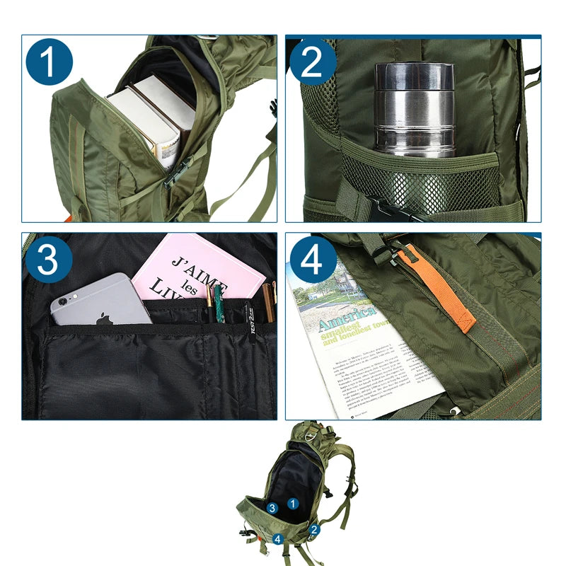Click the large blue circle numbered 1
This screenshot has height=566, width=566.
coord(50,62)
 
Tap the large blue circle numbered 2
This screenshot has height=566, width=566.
coord(312,62)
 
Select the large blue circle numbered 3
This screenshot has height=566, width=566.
coord(48,260)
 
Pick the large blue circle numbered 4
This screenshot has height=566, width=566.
coord(313,260)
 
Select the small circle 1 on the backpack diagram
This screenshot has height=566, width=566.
coord(294,503)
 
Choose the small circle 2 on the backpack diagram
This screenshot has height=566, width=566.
coord(314,529)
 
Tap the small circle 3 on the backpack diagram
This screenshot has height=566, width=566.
coord(272,508)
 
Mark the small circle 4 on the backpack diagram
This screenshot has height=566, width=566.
coord(278,539)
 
